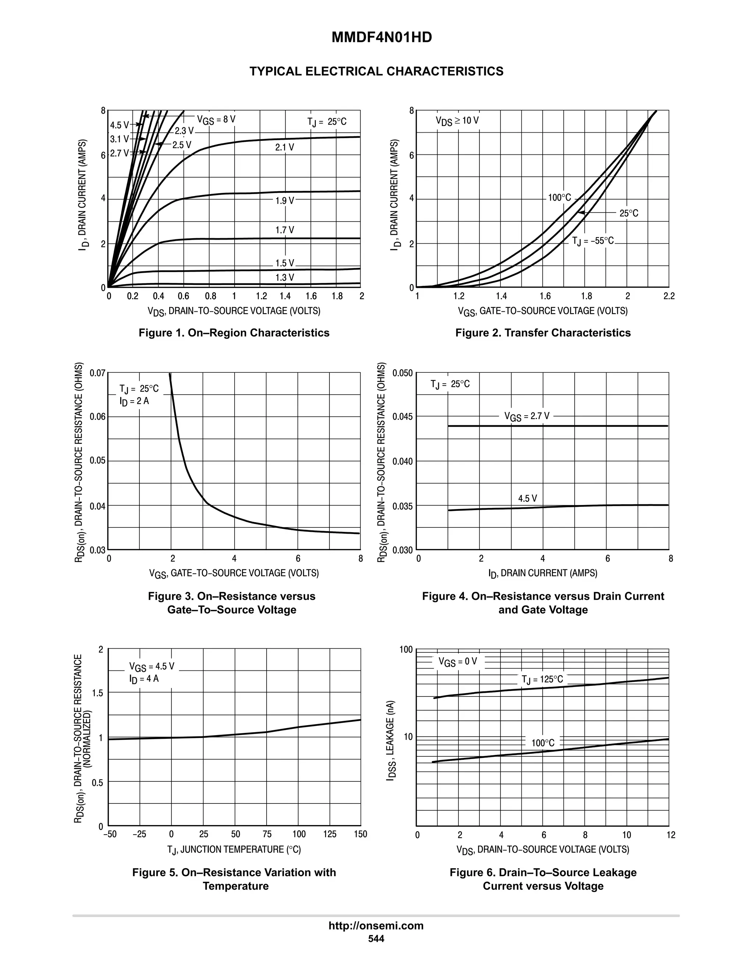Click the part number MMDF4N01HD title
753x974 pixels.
point(381,37)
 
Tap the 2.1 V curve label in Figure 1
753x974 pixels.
point(285,147)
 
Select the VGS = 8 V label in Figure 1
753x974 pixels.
point(216,120)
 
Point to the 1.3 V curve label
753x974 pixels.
point(285,277)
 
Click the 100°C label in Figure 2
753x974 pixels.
point(559,198)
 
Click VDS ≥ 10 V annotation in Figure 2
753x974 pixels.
point(457,121)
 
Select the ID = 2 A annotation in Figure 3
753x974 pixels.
point(134,401)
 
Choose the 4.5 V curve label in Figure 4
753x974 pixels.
point(527,499)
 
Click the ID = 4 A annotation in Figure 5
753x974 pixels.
point(144,679)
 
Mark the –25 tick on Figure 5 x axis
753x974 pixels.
point(139,834)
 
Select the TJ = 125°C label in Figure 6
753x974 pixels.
point(542,680)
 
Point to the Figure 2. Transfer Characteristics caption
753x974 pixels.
point(543,333)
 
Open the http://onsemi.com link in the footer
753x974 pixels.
point(376,926)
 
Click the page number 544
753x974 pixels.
point(376,938)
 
